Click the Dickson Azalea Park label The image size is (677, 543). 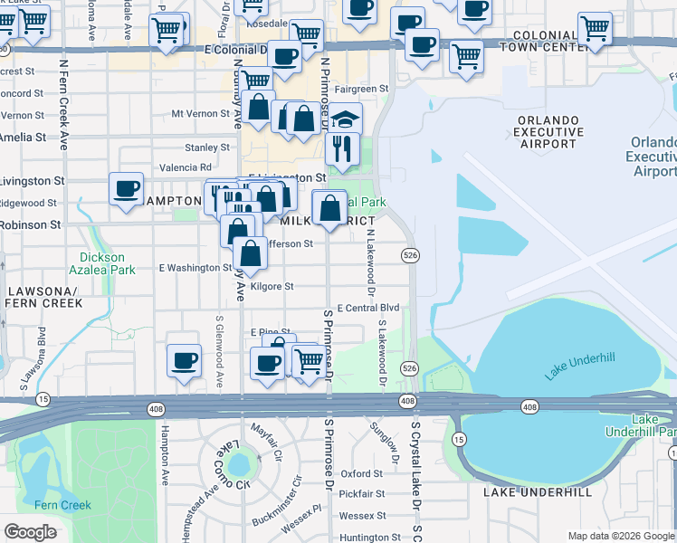coord(102,262)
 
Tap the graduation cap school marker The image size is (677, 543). coord(345,119)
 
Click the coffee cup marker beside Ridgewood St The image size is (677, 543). coord(127,189)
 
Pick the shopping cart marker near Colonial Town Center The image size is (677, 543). coord(595,29)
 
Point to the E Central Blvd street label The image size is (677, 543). coord(367,309)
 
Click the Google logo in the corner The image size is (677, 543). coord(30,532)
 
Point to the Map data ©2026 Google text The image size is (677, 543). coord(621,536)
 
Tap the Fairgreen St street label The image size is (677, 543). coord(361,90)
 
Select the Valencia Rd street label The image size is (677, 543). coord(185,167)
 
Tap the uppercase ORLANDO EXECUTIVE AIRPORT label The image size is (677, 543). coord(547,131)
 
